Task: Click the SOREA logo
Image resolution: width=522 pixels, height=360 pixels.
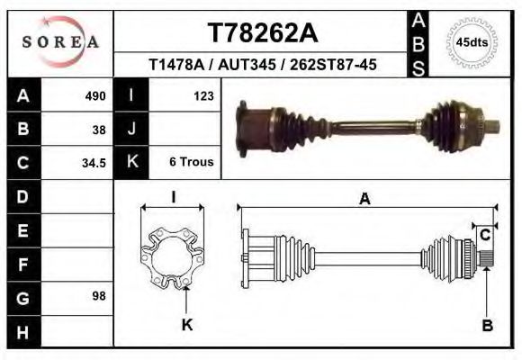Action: (x=59, y=42)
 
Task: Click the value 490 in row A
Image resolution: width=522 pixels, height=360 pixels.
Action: (x=95, y=95)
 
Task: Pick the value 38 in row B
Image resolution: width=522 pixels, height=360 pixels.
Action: (x=99, y=129)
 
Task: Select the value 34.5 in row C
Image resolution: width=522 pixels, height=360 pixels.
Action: (x=95, y=163)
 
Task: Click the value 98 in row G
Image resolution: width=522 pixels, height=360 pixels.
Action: (x=99, y=295)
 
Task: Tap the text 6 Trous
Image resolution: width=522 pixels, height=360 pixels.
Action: (x=191, y=163)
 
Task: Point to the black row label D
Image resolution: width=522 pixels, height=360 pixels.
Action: (x=22, y=195)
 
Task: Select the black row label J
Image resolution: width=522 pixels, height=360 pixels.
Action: (x=131, y=129)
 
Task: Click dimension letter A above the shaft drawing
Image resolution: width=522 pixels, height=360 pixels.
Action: (x=364, y=200)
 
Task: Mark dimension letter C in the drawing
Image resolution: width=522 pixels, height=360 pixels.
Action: (x=485, y=235)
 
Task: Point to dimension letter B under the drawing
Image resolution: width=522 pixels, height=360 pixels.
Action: (x=487, y=326)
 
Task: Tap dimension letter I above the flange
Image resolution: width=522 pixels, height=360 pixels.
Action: (x=173, y=197)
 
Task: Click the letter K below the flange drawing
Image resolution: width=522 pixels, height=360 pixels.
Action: (x=187, y=325)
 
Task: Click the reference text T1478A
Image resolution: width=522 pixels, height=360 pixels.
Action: (x=176, y=65)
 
